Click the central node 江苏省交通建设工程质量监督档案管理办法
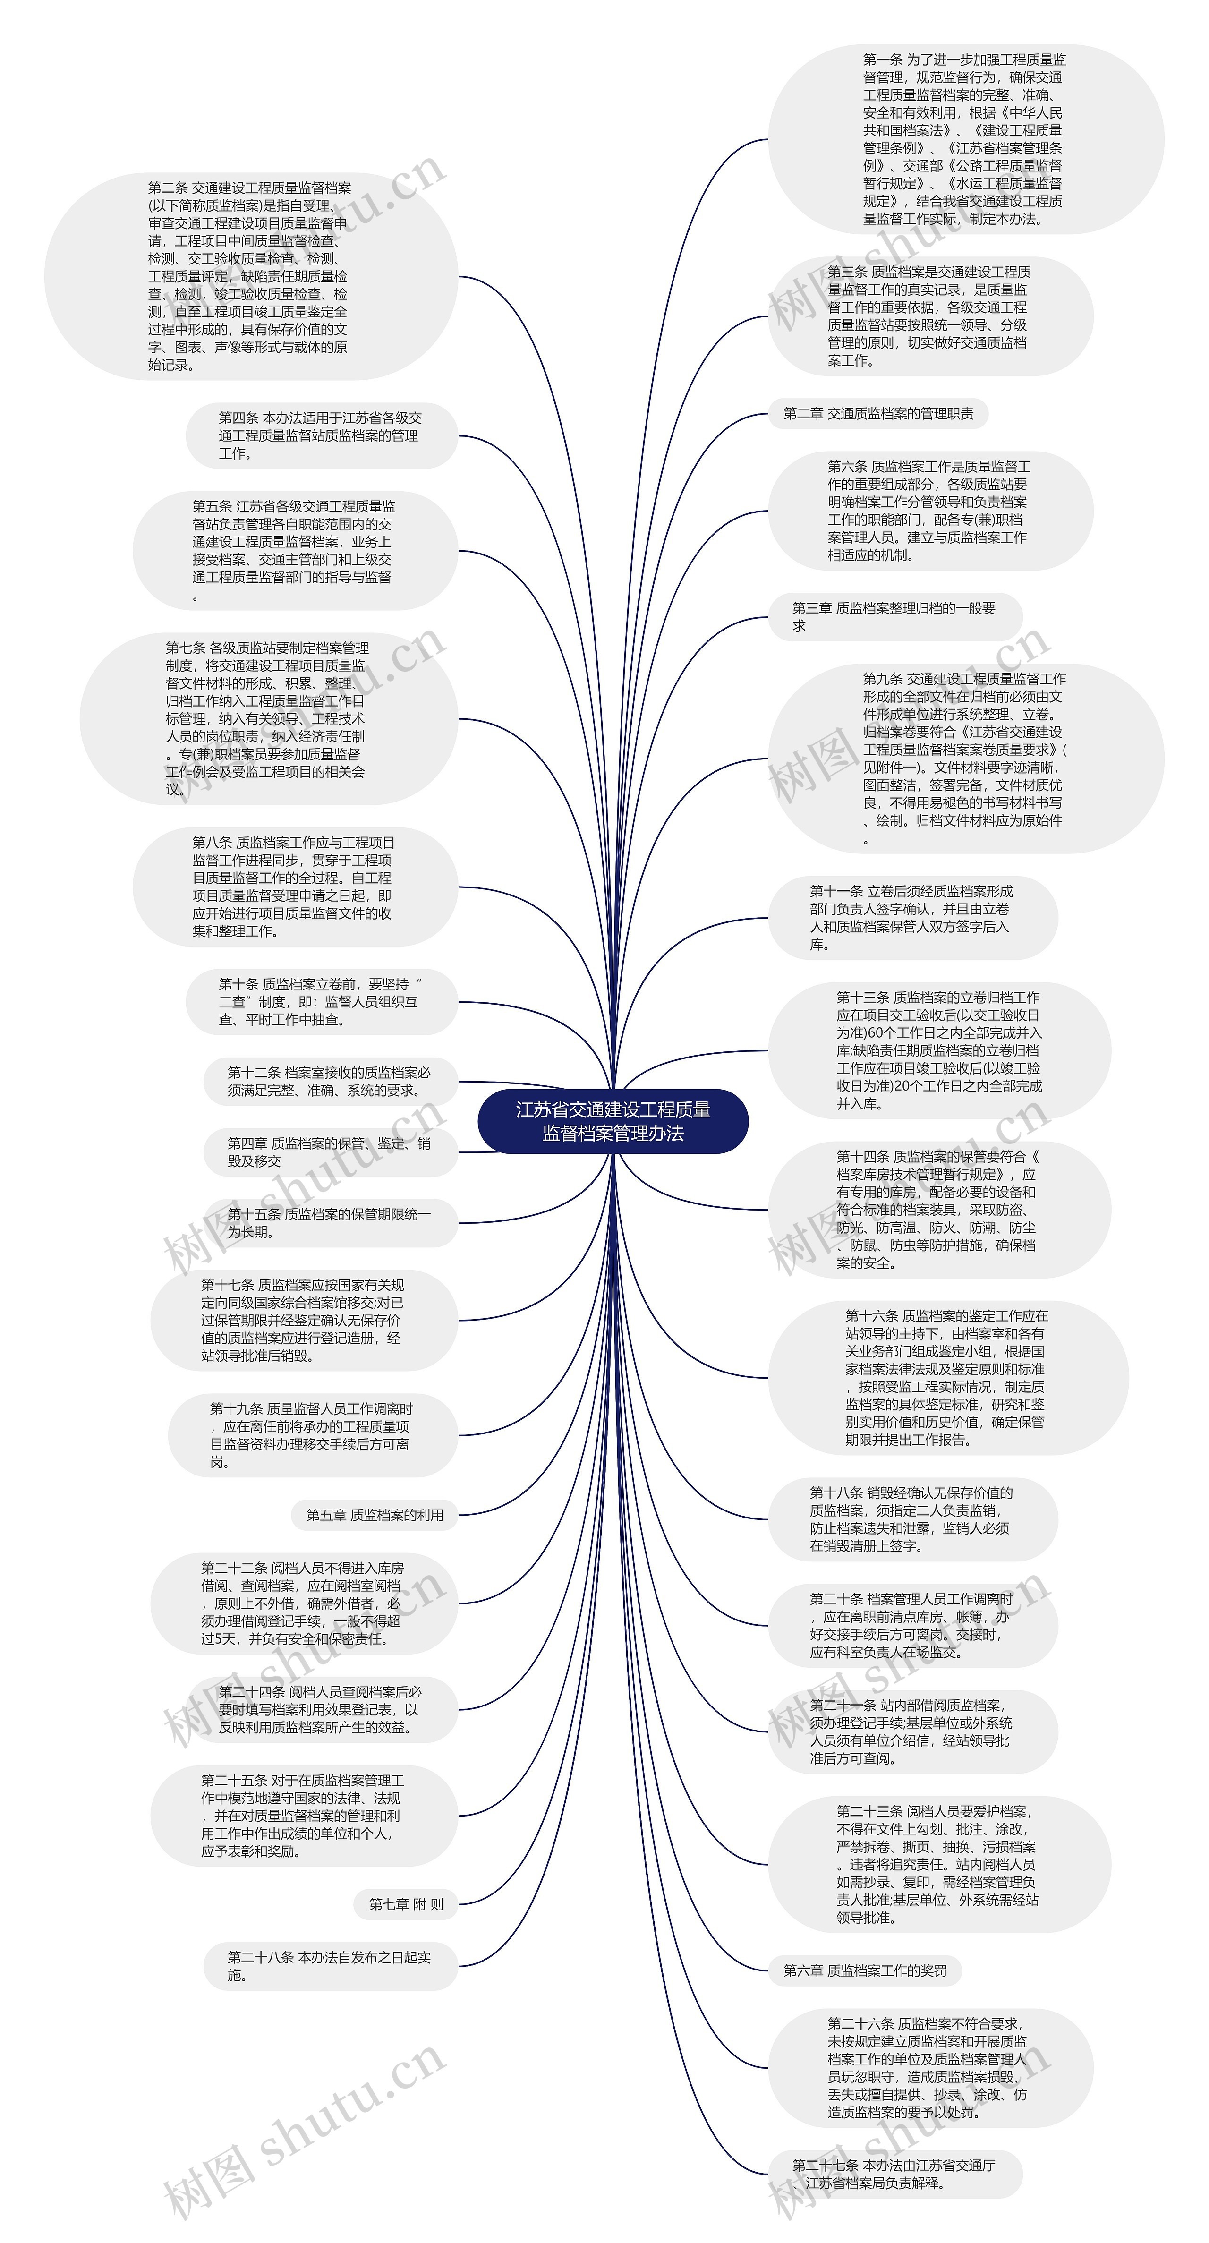coord(613,1121)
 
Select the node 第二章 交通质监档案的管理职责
coord(878,414)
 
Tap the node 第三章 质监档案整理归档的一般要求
coord(894,616)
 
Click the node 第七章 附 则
coord(406,1904)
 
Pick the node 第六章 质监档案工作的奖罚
coord(865,1970)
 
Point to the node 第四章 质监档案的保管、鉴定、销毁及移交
coord(329,1152)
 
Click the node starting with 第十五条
coord(329,1222)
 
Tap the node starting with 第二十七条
coord(894,2174)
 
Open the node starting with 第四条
coord(320,435)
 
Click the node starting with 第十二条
coord(329,1082)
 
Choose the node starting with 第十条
coord(320,1001)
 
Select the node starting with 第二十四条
coord(320,1709)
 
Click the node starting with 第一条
coord(964,139)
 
